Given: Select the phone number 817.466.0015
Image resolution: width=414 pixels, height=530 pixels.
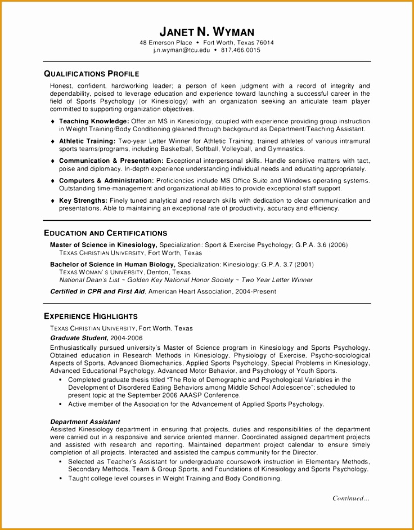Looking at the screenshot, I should pyautogui.click(x=241, y=50).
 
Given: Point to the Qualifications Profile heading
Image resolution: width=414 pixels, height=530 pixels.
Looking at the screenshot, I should pyautogui.click(x=91, y=74).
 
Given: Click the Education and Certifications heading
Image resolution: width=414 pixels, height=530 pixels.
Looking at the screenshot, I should pyautogui.click(x=105, y=233).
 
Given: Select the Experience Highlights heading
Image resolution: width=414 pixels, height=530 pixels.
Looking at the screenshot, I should pyautogui.click(x=91, y=317).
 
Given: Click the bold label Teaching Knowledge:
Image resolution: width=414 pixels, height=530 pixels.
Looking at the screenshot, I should pyautogui.click(x=94, y=121).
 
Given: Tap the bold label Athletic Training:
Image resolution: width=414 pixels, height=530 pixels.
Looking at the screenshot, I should pyautogui.click(x=87, y=141).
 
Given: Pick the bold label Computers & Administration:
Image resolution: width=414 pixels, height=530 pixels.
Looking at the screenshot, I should pyautogui.click(x=106, y=180).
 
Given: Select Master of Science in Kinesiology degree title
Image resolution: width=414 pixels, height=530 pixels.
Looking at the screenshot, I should pyautogui.click(x=103, y=245).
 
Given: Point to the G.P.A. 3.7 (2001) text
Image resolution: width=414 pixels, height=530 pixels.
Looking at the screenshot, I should pyautogui.click(x=287, y=264).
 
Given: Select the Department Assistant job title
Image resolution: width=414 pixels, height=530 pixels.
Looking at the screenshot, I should pyautogui.click(x=85, y=421).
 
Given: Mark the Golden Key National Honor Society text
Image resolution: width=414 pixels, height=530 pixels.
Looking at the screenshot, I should pyautogui.click(x=180, y=280).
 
